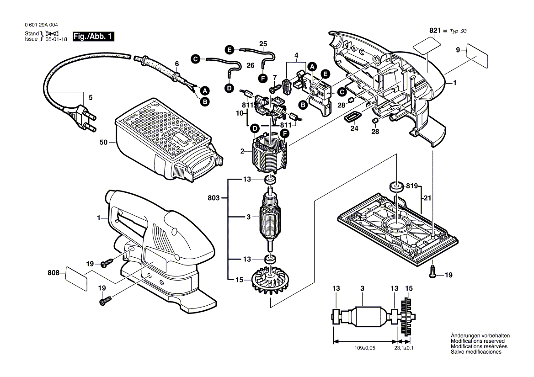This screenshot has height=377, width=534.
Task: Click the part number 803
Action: tap(214, 198)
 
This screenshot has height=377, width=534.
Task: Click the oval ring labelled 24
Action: tap(351, 117)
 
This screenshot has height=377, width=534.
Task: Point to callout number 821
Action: tap(435, 31)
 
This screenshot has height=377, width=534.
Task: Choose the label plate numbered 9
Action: tap(477, 56)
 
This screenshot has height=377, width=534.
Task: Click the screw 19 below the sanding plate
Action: tap(432, 272)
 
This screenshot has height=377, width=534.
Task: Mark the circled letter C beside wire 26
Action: tap(195, 58)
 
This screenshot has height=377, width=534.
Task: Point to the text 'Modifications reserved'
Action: tap(477, 341)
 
